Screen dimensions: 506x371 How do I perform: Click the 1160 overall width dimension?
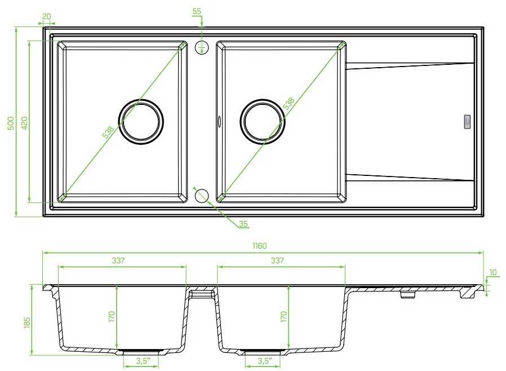tap(259, 246)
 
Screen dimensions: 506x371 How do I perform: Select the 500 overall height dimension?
tap(11, 123)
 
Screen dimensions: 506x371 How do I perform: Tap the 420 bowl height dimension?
tap(25, 123)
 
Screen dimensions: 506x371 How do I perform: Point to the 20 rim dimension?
tap(46, 16)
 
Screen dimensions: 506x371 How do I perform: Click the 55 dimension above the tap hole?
tap(197, 11)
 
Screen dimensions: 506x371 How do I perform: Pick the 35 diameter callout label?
tap(243, 224)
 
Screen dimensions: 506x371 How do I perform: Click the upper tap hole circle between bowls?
tap(202, 47)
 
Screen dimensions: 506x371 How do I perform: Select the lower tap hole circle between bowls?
tap(202, 195)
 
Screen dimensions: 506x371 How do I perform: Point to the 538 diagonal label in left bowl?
tap(108, 132)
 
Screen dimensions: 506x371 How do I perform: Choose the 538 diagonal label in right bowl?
tap(288, 103)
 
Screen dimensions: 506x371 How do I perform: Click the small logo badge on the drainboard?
tap(467, 122)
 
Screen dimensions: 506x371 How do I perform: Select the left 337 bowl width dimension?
tap(118, 260)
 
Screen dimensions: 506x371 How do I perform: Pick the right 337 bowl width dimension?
tap(277, 260)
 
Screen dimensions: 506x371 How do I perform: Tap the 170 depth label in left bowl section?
tap(112, 317)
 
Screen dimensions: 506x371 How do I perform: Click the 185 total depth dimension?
tap(27, 323)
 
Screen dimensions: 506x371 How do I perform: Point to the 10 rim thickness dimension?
tap(493, 272)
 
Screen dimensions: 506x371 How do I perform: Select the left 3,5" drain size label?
tap(143, 361)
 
